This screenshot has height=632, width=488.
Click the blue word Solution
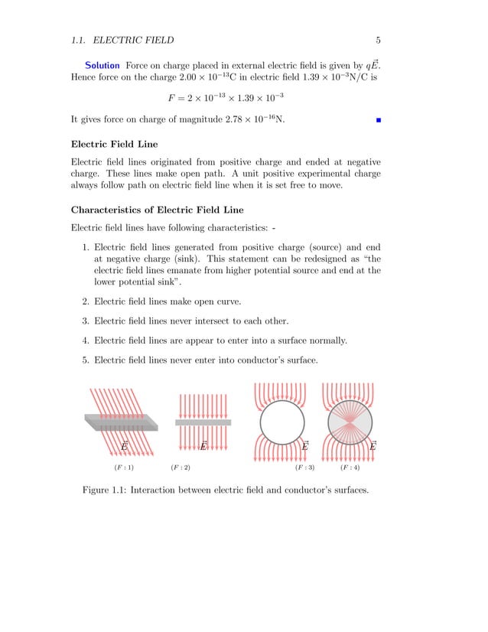(102, 65)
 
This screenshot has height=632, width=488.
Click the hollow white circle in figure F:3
(282, 422)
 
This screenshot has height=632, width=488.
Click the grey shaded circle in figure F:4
(350, 422)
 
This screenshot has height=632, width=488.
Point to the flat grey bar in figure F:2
(203, 422)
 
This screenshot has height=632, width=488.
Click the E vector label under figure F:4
(373, 446)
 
